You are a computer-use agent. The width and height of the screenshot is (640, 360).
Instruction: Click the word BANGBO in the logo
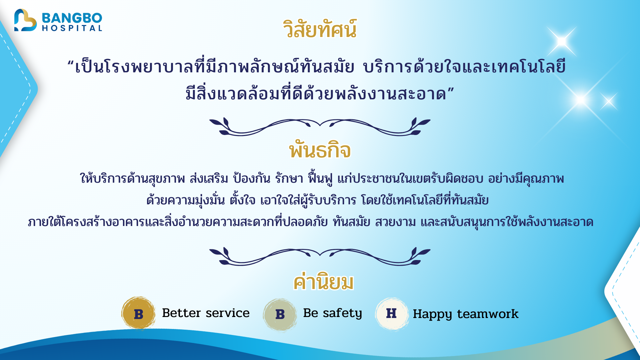(72, 17)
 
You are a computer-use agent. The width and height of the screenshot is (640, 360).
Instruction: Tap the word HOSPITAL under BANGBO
(72, 28)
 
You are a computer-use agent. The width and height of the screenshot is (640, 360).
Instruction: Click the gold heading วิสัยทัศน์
(320, 29)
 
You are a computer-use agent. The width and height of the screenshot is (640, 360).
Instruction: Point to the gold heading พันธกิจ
(320, 151)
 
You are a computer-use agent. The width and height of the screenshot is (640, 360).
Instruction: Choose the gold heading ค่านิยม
(323, 282)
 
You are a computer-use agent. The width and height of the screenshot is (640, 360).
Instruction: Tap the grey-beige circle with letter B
(280, 314)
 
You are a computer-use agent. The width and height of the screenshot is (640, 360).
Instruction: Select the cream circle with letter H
(392, 313)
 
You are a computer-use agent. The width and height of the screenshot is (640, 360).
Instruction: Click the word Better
(181, 313)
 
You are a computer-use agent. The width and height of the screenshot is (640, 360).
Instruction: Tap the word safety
(342, 313)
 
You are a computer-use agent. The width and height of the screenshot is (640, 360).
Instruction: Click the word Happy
(432, 314)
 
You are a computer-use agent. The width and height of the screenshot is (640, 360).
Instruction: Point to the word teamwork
(488, 314)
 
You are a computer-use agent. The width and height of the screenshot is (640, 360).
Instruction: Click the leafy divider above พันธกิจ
(320, 127)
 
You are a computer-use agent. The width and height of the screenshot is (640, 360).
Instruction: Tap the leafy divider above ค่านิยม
(320, 256)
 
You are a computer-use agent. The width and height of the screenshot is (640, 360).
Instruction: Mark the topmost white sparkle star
(562, 41)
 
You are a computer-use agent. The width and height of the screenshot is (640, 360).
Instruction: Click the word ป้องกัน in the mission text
(251, 179)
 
